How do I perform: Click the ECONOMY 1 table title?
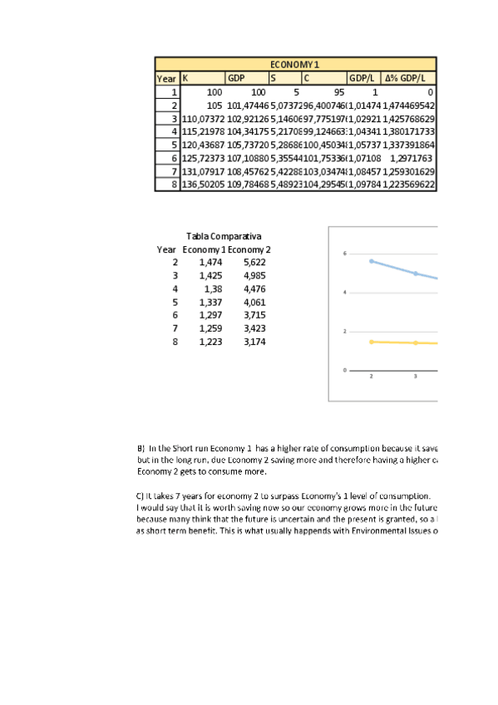point(295,64)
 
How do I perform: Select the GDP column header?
point(236,78)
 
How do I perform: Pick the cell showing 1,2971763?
point(412,157)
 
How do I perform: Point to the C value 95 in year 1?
point(338,91)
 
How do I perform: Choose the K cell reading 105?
point(214,105)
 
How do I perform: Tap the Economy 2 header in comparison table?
point(249,249)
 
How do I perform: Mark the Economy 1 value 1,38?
point(213,288)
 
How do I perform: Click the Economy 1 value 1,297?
point(211,315)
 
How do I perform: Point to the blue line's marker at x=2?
point(372,261)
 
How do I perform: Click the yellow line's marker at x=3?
point(416,343)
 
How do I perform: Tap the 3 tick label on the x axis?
point(416,377)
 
